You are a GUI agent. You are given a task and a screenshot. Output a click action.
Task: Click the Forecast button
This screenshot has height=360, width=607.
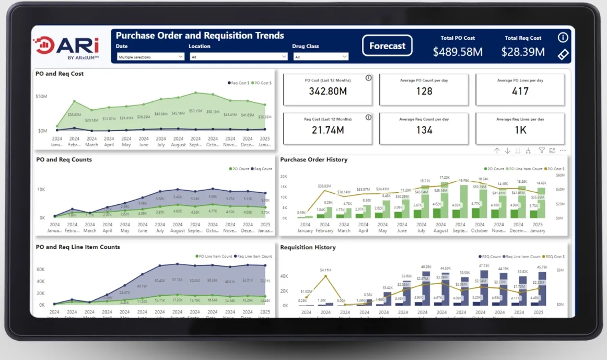[x=387, y=46]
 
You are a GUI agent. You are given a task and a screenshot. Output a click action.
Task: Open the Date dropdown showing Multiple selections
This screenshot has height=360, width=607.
[x=151, y=57]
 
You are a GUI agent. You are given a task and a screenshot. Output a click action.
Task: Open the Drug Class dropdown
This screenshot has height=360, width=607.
[x=320, y=57]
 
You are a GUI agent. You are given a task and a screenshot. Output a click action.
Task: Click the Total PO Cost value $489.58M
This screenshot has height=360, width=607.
[x=458, y=52]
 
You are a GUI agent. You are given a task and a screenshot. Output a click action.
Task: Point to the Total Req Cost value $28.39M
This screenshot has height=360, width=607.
[x=523, y=52]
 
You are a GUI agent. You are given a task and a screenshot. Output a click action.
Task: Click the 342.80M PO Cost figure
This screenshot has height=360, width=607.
[x=328, y=91]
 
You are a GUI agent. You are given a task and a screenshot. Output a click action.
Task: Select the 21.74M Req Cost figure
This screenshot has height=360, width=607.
[x=328, y=130]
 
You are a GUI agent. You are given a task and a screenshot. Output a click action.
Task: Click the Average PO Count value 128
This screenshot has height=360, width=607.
[x=424, y=91]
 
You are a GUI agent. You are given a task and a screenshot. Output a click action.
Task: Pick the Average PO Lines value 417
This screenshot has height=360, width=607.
[x=520, y=91]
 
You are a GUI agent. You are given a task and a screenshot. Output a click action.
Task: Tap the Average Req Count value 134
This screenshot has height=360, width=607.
[x=424, y=130]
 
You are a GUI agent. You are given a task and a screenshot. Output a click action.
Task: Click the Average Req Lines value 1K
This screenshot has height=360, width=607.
[x=520, y=130]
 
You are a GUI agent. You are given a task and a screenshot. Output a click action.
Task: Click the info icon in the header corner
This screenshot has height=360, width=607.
[x=563, y=38]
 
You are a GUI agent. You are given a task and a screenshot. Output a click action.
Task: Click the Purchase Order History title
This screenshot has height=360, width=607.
[x=313, y=160]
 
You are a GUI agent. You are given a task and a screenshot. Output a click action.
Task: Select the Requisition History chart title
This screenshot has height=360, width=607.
[x=308, y=248]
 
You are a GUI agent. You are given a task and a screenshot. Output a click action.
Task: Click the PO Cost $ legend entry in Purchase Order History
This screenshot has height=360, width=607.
[x=555, y=169]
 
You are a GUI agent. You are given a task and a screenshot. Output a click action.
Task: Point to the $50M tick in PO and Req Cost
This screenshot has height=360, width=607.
[x=41, y=97]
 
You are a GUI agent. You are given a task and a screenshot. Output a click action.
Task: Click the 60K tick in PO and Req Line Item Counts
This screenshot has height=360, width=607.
[x=41, y=270]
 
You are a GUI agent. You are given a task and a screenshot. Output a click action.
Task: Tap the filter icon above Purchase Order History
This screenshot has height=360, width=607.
[x=542, y=150]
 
